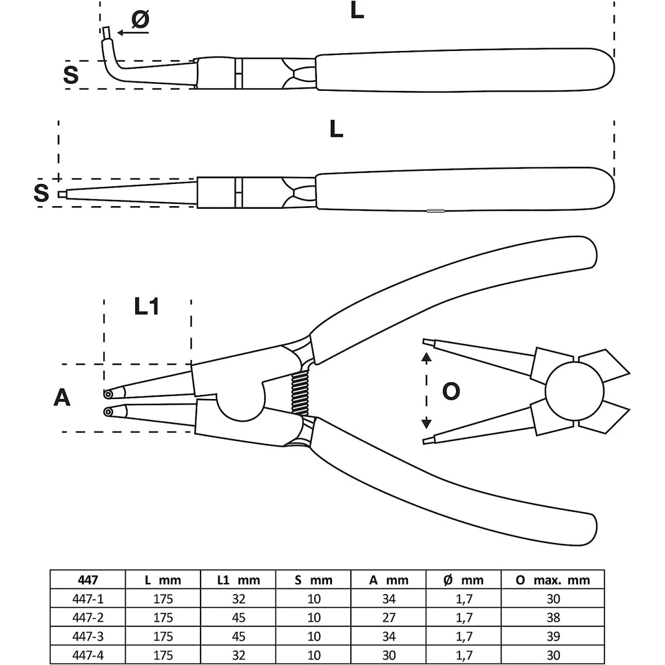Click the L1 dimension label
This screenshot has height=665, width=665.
click(147, 306)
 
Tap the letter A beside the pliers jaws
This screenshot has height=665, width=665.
click(62, 397)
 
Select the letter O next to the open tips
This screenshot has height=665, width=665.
click(451, 391)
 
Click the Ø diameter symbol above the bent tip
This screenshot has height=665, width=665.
click(140, 20)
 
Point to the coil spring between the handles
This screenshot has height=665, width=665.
click(299, 393)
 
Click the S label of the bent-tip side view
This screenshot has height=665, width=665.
click(71, 74)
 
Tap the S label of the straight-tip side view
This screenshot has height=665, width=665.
click(42, 193)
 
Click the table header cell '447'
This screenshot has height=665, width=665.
click(88, 580)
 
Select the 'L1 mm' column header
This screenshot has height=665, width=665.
click(238, 580)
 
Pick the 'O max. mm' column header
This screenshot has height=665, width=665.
click(553, 580)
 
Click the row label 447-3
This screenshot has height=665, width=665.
click(88, 636)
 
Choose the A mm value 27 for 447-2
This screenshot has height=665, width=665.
click(389, 617)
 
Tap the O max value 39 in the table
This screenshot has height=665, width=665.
click(553, 636)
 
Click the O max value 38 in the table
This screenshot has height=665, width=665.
click(553, 617)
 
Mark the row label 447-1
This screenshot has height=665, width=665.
click(88, 599)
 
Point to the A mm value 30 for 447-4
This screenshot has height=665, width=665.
click(389, 655)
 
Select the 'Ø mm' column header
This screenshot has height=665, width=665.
click(464, 580)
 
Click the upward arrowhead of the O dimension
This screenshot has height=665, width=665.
click(426, 358)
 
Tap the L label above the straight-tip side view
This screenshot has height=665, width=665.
click(336, 129)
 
